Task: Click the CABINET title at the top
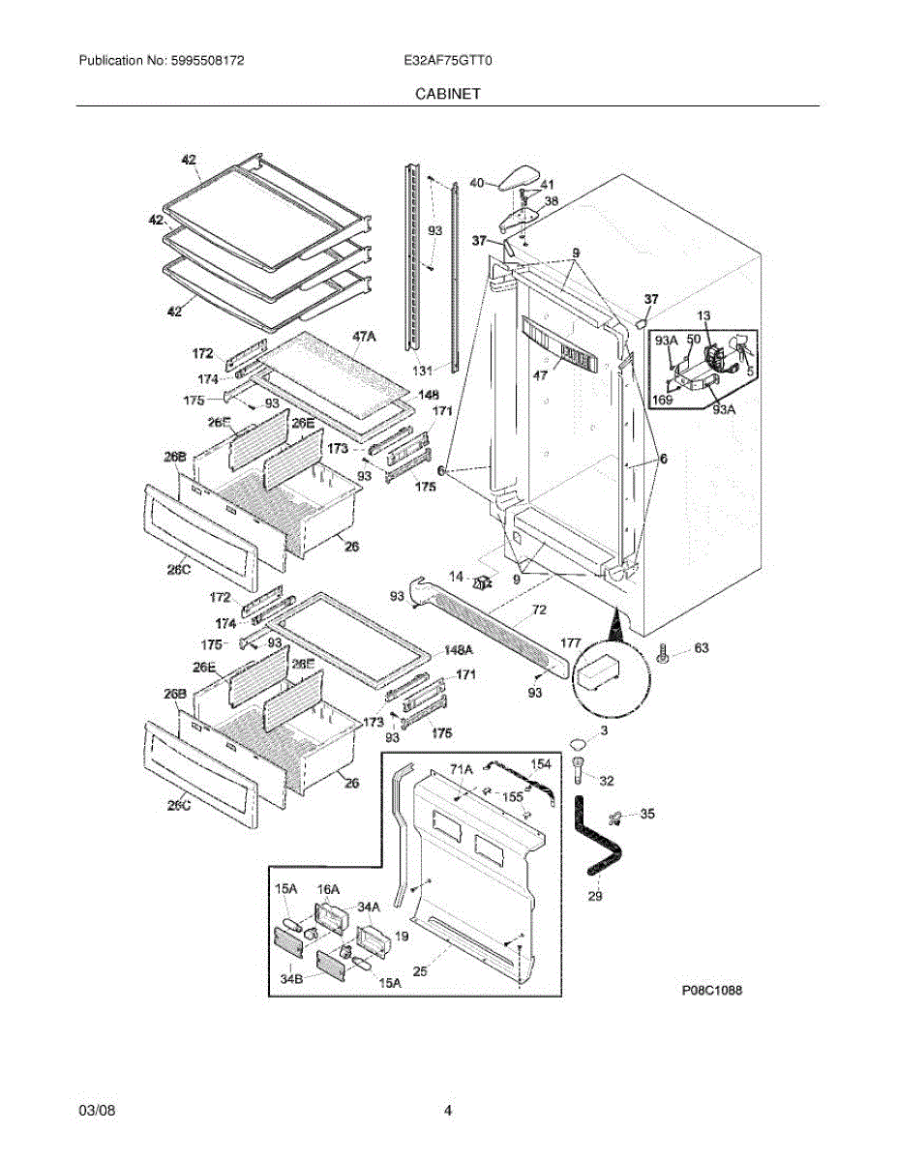point(448,94)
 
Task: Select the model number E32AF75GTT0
point(449,60)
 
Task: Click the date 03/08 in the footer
point(97,1111)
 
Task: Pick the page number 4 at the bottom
point(448,1111)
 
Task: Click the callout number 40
point(476,182)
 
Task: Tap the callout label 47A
point(364,336)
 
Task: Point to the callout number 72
point(539,610)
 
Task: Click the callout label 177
point(571,642)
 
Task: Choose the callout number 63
point(702,648)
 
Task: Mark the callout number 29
point(595,896)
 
